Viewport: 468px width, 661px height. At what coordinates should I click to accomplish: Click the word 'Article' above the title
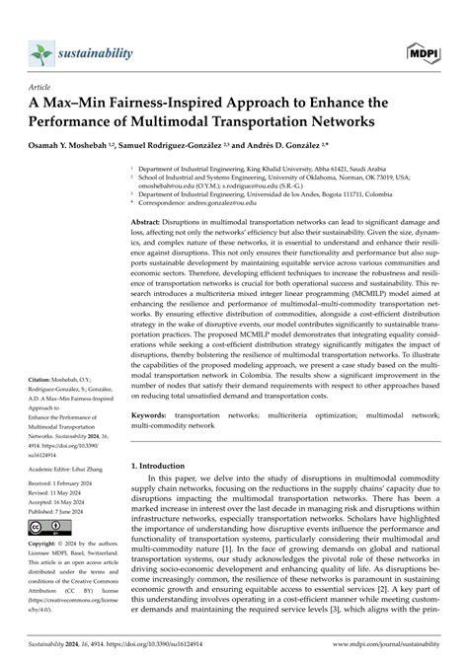(39, 86)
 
